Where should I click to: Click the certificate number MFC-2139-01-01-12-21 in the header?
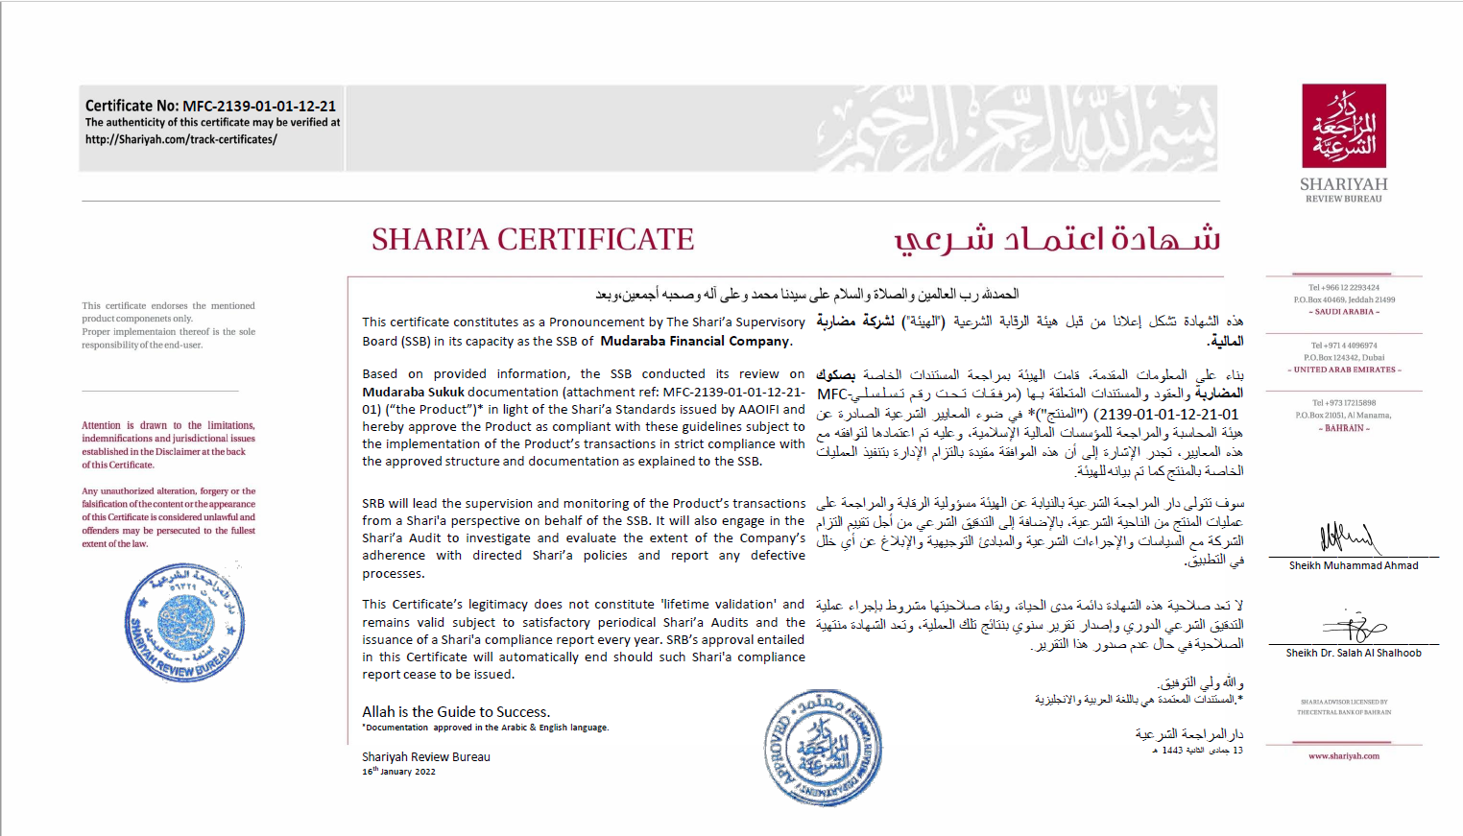tap(259, 107)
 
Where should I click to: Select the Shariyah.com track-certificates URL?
tap(180, 139)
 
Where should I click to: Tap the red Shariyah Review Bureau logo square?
tap(1343, 125)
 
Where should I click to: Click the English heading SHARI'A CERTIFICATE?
tap(533, 239)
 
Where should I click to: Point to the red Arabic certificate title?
tap(1057, 238)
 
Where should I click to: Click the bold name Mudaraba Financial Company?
tap(695, 341)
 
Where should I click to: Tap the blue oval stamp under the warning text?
tap(184, 623)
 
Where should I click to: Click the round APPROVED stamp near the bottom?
tap(823, 748)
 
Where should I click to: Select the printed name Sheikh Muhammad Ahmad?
tap(1354, 565)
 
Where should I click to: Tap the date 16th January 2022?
tap(398, 772)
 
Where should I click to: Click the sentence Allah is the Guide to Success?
tap(456, 712)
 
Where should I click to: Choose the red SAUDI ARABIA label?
tap(1344, 312)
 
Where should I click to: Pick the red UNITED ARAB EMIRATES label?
tap(1344, 370)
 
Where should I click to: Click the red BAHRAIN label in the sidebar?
tap(1344, 428)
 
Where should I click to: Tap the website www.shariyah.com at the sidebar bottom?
tap(1344, 756)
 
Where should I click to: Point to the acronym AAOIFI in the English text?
tap(758, 409)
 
